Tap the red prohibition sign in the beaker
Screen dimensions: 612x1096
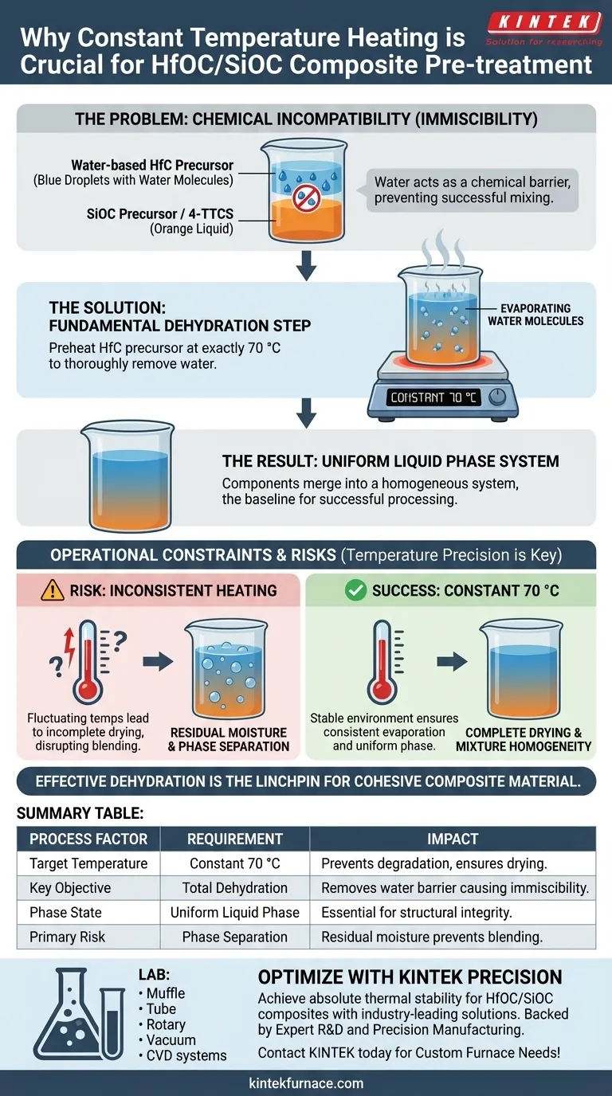click(307, 198)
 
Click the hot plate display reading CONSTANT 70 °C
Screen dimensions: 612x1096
click(433, 397)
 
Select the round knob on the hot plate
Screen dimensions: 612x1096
click(497, 397)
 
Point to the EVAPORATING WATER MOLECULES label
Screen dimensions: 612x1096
click(535, 315)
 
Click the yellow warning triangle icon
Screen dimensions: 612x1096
click(53, 590)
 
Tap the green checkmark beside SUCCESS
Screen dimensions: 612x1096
click(355, 590)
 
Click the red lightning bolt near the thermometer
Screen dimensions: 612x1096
click(69, 647)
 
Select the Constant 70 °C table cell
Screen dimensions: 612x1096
click(235, 863)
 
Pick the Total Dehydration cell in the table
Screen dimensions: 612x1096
click(235, 887)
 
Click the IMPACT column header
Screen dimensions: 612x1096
click(453, 839)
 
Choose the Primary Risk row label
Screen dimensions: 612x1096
click(67, 937)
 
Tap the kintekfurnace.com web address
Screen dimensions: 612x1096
click(306, 1082)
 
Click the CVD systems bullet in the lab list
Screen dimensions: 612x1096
click(182, 1055)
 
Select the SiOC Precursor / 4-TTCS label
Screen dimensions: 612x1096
click(159, 213)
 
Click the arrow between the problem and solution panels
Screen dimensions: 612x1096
click(307, 266)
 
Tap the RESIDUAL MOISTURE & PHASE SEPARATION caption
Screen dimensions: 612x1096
click(229, 739)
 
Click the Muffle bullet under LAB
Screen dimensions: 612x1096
click(162, 992)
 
